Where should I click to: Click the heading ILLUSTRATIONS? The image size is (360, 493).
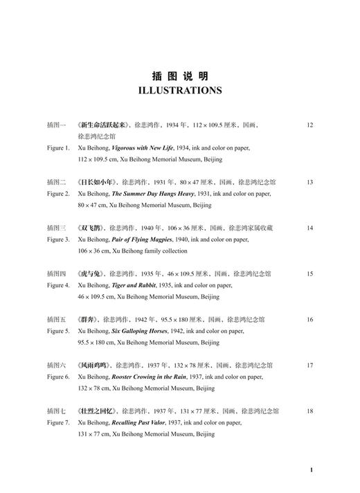180,90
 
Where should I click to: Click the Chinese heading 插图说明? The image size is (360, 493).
180,75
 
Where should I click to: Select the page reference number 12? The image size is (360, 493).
309,125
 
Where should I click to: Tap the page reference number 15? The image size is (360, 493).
309,274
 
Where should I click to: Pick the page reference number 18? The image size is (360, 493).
309,411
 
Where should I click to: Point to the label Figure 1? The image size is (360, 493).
58,148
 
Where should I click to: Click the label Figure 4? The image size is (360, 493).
58,285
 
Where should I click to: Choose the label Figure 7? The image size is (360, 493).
58,422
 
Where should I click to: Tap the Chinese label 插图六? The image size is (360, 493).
56,365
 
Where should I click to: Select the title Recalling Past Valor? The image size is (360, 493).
142,422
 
